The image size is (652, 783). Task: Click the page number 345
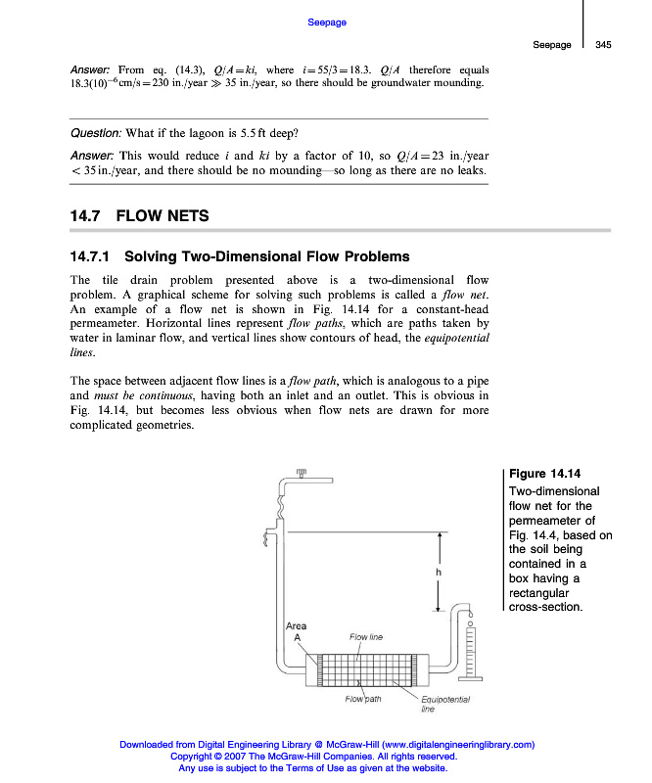coord(603,44)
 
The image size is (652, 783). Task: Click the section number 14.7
coord(85,215)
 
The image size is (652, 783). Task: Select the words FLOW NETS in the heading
coord(163,215)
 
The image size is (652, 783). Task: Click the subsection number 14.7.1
coord(92,257)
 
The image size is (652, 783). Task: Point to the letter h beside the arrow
coord(427,571)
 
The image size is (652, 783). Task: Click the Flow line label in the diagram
coord(366,637)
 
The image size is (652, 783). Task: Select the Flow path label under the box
coord(362,699)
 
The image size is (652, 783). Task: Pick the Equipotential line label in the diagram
coord(445,704)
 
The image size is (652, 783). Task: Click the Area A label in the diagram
coord(296,631)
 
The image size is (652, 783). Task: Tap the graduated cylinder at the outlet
coord(471,650)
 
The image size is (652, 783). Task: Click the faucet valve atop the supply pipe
coord(302,474)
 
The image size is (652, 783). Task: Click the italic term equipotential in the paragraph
coord(457,338)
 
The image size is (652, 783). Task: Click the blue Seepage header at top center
coord(327,22)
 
